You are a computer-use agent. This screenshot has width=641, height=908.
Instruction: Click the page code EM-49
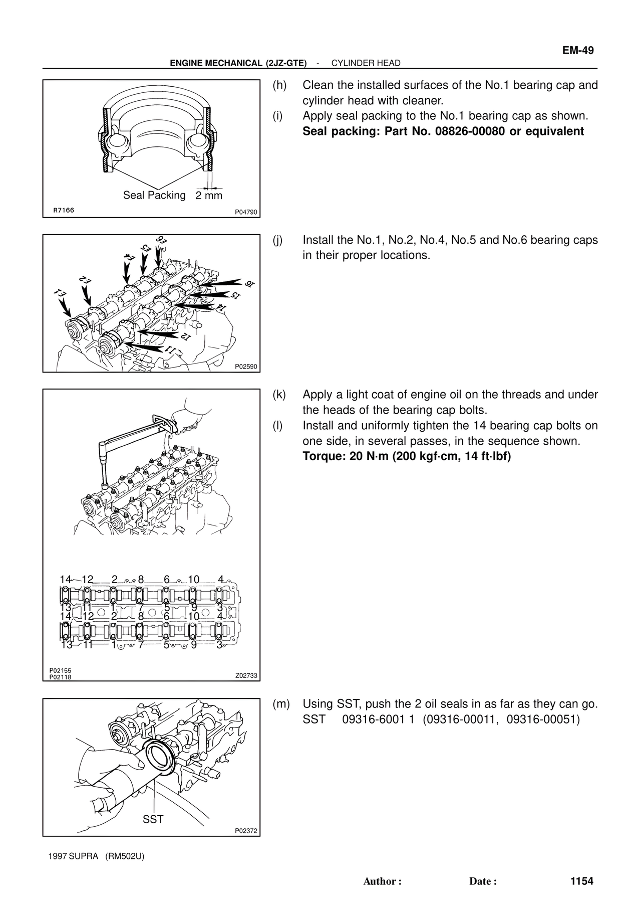click(x=577, y=50)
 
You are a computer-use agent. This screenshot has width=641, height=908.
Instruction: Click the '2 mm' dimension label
click(x=209, y=196)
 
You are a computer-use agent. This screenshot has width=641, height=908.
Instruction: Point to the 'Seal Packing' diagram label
click(x=154, y=195)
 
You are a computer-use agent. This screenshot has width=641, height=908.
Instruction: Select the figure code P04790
click(x=246, y=212)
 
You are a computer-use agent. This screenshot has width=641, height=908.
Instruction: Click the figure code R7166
click(x=64, y=210)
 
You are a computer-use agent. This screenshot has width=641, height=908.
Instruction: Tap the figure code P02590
click(x=246, y=367)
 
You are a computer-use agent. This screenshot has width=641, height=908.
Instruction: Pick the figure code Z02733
click(x=246, y=675)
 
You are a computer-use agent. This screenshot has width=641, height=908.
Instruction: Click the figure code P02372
click(x=246, y=831)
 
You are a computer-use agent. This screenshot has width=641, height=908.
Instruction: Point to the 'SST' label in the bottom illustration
click(x=153, y=819)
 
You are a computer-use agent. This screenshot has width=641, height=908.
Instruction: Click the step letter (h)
click(x=279, y=85)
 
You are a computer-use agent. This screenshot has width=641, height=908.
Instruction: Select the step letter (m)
click(x=281, y=704)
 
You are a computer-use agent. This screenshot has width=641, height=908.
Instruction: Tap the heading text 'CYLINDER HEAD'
click(x=366, y=63)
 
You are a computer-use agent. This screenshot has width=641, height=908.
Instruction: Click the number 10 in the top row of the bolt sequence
click(x=193, y=580)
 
